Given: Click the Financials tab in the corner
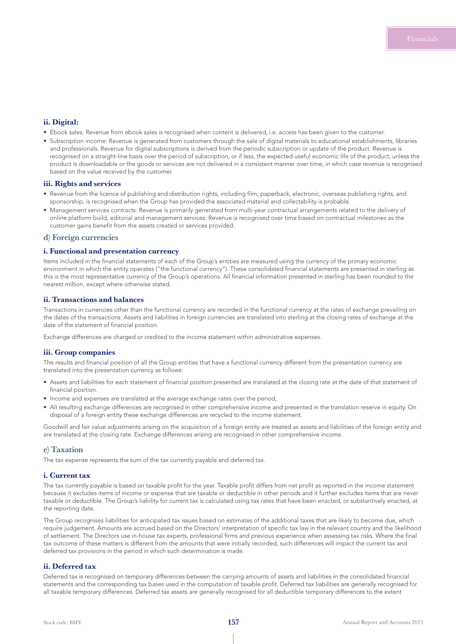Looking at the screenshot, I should [x=422, y=39].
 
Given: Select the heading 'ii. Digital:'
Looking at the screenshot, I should [x=61, y=122].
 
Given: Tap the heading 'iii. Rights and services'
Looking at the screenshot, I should [x=82, y=184].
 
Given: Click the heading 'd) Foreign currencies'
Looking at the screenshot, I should [x=81, y=238].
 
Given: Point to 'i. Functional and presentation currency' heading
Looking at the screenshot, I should [x=111, y=251].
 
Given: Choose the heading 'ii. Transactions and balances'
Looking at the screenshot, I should [x=93, y=300].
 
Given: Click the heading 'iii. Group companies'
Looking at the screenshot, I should [x=79, y=352].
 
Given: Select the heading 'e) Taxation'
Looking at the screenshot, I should [x=63, y=450].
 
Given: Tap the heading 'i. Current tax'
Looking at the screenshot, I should [x=66, y=475].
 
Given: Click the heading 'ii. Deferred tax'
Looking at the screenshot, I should [x=69, y=566].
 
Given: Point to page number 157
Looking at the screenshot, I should [x=233, y=622].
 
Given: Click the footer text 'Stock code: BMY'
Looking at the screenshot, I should [x=62, y=623].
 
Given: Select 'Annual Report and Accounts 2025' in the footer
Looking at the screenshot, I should [x=382, y=622].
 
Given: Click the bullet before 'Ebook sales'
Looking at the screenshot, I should [x=45, y=132].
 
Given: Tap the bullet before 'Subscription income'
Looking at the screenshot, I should [x=45, y=141].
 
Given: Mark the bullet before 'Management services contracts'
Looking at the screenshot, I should [x=45, y=210].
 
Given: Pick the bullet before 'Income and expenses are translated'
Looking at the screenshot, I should [x=45, y=399].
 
